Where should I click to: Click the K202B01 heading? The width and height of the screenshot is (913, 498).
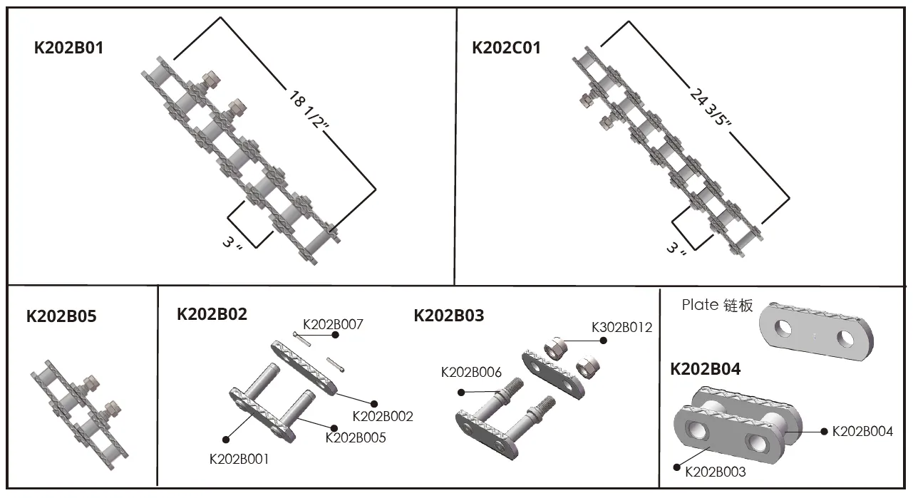68,48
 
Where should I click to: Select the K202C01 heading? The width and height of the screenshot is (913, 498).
506,48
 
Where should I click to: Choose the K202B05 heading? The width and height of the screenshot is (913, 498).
61,316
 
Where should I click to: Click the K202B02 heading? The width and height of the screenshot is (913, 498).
212,314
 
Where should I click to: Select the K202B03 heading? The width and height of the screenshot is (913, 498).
448,315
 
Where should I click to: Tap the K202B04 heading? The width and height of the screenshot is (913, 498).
705,369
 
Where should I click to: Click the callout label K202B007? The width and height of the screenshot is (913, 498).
333,325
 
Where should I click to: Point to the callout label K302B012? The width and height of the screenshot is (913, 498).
621,328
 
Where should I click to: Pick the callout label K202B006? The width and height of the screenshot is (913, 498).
471,372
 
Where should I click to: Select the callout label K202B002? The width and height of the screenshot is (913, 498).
383,416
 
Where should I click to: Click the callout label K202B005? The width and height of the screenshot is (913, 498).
355,437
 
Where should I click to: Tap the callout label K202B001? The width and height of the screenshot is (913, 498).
239,459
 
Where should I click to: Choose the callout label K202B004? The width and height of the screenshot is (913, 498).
862,431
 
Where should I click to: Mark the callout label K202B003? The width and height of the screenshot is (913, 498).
715,471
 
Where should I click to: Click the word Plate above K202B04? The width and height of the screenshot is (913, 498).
699,305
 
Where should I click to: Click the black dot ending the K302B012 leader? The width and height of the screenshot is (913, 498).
604,341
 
